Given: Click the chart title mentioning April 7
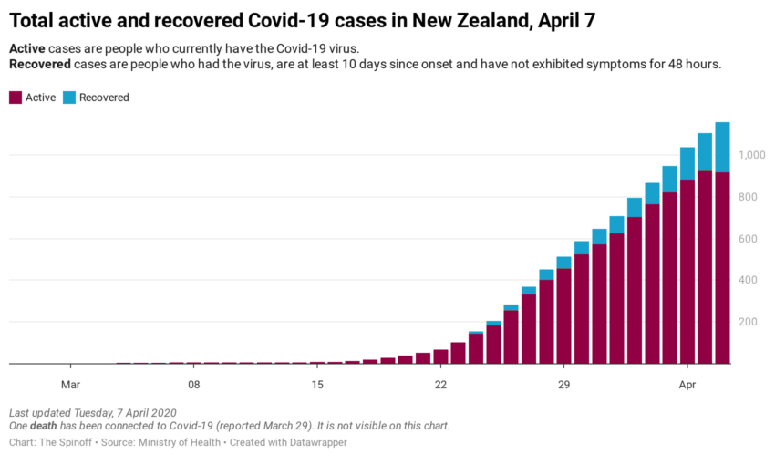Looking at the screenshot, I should click(x=301, y=20).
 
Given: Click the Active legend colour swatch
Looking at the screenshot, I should click(x=15, y=98).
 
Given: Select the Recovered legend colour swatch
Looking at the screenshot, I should click(x=69, y=98).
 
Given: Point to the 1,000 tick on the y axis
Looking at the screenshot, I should click(x=752, y=156).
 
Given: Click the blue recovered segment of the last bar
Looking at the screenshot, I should click(x=722, y=147).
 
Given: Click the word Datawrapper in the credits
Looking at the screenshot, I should click(x=316, y=442).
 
